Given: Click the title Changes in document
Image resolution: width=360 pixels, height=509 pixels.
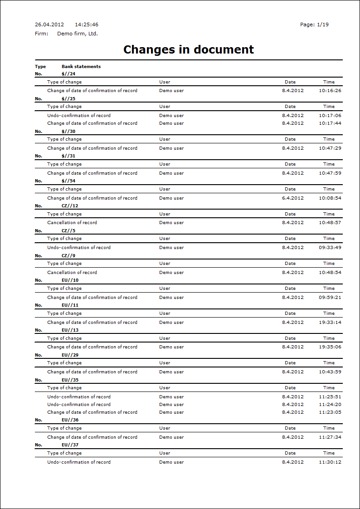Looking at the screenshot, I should point(189,49).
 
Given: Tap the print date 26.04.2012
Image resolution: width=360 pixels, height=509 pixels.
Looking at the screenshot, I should point(49,24).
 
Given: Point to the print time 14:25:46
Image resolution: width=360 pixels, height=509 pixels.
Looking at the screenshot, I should point(87,24).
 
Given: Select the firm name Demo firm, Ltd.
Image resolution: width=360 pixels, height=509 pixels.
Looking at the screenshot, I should point(78,34).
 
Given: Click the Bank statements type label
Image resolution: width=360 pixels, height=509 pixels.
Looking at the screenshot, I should point(81,66).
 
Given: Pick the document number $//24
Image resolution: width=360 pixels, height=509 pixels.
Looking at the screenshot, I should point(68,73).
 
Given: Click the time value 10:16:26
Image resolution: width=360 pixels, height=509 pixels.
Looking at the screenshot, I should point(330,91).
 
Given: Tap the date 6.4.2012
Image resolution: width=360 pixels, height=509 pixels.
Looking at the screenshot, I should point(293,198).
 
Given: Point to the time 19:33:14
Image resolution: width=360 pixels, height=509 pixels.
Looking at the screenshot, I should point(330,323).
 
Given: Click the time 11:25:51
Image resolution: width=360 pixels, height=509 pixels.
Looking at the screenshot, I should point(330,397).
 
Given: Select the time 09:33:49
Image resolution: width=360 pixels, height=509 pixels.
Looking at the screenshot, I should point(330,248).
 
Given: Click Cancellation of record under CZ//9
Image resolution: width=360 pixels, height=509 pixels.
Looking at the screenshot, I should point(72,273).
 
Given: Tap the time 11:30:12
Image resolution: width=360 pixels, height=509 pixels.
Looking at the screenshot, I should point(330,462).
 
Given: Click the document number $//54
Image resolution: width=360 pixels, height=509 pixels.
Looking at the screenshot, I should point(68,181).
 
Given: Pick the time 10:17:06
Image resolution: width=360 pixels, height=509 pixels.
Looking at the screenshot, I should point(330,116).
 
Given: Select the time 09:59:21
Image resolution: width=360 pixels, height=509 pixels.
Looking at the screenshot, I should point(330,298).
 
